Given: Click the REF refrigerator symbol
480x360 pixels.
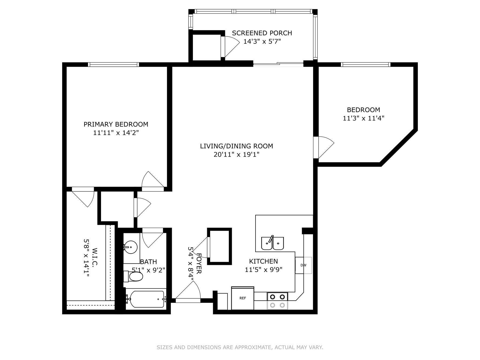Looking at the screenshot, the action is pos(243,298).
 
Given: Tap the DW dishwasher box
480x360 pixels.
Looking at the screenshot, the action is pos(303,265).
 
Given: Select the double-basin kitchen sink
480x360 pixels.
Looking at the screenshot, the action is pos(272,243).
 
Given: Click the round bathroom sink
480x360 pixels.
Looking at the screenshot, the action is pos(131,247).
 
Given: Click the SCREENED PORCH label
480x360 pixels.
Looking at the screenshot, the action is pos(262,33).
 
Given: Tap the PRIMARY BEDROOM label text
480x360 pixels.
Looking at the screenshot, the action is pos(116,124).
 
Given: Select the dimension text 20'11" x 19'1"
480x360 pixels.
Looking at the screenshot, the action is pos(236,154).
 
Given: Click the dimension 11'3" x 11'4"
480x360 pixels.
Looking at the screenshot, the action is pos(363,118).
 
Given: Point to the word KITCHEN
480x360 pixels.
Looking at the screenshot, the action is pos(263,261).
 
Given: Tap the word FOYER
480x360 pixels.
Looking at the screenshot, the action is pos(199,264).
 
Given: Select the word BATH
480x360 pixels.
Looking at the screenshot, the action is pos(149,262).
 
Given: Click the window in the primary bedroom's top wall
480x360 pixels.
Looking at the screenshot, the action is pos(113,65).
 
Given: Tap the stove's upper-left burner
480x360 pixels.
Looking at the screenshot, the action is pos(273,297).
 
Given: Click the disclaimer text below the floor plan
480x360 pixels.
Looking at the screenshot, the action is pos(240,347).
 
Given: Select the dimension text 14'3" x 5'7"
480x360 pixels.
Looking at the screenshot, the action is pos(262,42).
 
